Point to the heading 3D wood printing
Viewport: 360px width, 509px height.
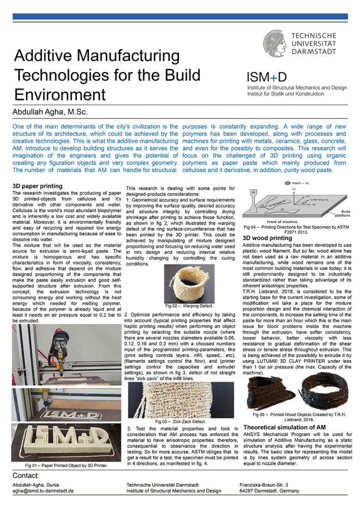point(267,238)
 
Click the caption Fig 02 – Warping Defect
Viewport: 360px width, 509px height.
point(188,306)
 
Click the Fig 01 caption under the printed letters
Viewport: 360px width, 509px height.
point(66,465)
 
